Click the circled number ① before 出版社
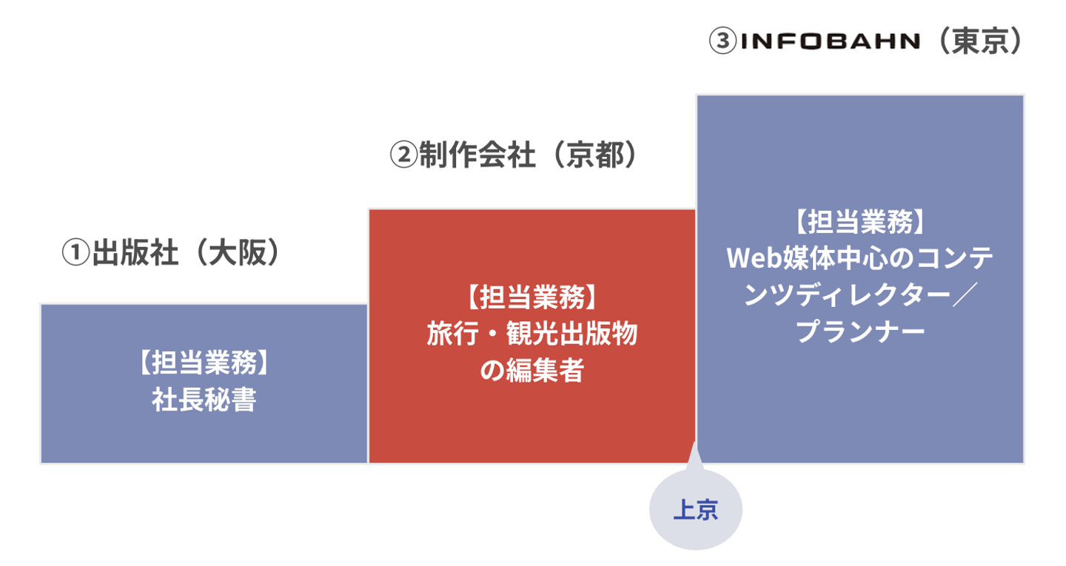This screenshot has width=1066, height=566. click(76, 252)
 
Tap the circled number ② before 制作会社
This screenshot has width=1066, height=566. click(403, 155)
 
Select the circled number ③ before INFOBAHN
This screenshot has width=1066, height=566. click(723, 41)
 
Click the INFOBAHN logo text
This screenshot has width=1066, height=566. click(831, 41)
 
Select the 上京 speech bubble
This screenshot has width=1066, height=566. click(696, 509)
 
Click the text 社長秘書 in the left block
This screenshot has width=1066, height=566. click(204, 400)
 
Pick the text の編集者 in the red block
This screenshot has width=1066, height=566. click(532, 370)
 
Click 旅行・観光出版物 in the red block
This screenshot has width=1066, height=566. click(532, 334)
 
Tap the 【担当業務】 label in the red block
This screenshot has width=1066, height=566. click(532, 297)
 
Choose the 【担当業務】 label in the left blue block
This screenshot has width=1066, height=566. click(204, 363)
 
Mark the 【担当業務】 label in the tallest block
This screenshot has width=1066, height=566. click(860, 222)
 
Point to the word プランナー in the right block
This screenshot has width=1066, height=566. click(860, 331)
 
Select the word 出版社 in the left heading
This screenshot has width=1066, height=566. click(135, 252)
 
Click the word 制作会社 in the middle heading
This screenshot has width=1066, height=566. click(477, 155)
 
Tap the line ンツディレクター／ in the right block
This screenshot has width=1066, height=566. click(860, 295)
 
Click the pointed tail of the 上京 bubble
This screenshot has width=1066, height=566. click(694, 443)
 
